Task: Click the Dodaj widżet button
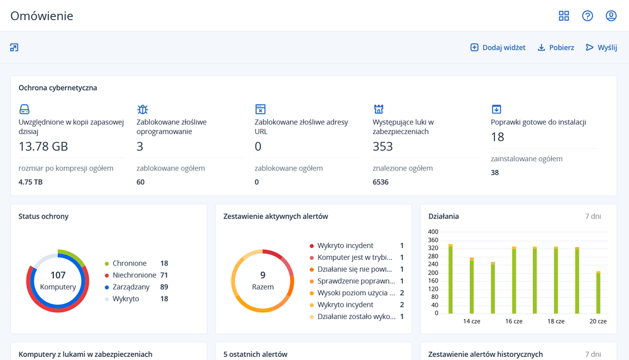[498, 47]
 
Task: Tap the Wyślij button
[601, 47]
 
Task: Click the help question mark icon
[587, 16]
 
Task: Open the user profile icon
[611, 16]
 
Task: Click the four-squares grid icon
[564, 16]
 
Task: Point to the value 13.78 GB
[43, 147]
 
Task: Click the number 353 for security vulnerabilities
[382, 147]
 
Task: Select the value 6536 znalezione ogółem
[381, 182]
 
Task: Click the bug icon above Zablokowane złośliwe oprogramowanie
[142, 110]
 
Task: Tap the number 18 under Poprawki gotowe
[498, 137]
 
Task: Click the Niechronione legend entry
[134, 275]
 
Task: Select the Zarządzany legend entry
[131, 287]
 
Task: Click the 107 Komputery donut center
[58, 281]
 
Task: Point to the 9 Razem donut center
[263, 281]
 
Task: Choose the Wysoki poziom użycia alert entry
[356, 293]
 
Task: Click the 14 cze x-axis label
[471, 321]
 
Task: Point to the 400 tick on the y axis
[433, 232]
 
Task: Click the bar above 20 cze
[598, 293]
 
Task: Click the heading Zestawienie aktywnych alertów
[276, 216]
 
